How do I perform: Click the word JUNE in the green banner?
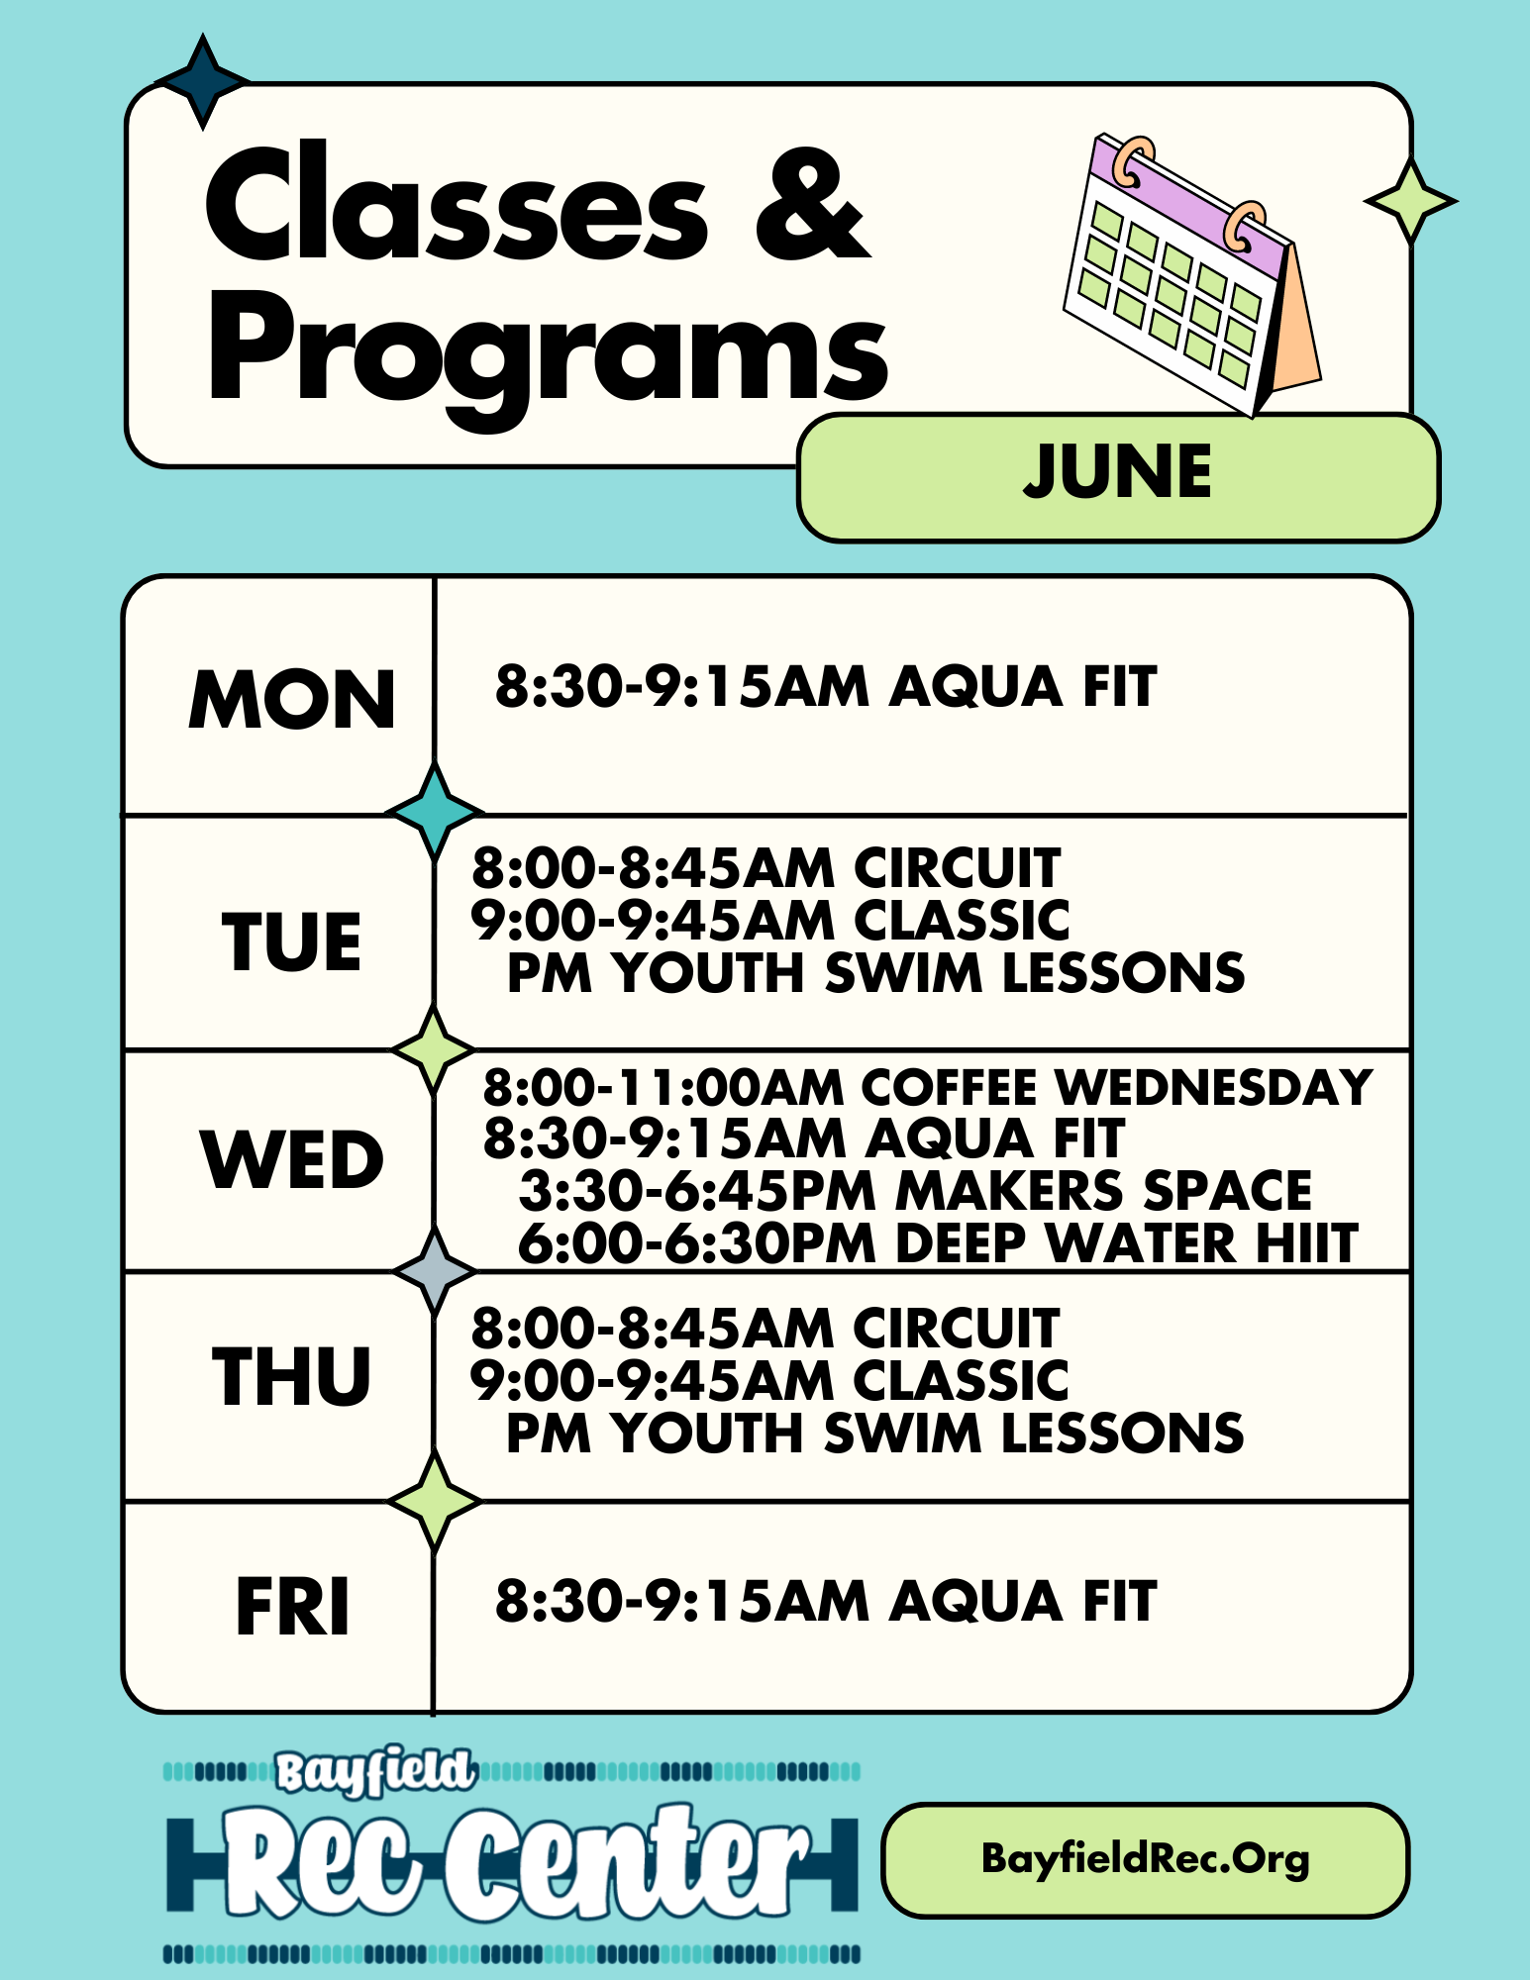(x=1117, y=471)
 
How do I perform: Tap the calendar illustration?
(x=1191, y=275)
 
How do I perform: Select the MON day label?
(x=292, y=699)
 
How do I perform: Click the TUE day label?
(x=292, y=940)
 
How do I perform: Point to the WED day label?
(x=292, y=1159)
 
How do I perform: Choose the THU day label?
(x=292, y=1376)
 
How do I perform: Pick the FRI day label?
(x=293, y=1607)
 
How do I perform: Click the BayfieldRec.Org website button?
(x=1145, y=1860)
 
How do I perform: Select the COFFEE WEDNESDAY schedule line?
(x=928, y=1087)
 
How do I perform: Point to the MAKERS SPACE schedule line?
(x=915, y=1190)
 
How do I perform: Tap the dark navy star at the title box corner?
(x=203, y=81)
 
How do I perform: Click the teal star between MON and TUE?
(x=435, y=812)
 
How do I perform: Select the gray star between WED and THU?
(x=435, y=1271)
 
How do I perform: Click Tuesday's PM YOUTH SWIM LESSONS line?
(x=875, y=973)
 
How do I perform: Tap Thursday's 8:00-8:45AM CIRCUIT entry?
(x=765, y=1328)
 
